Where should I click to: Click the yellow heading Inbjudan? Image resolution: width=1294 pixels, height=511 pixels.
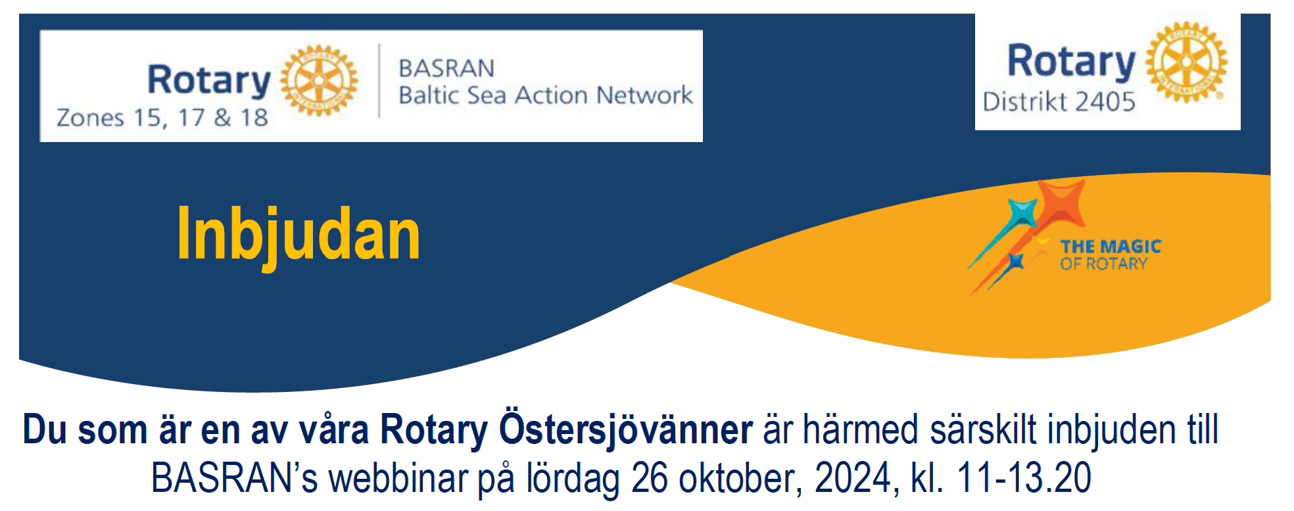(299, 235)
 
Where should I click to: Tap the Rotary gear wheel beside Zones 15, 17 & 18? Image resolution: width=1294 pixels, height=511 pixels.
(319, 81)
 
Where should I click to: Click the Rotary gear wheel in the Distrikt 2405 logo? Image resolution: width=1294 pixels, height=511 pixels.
(1186, 62)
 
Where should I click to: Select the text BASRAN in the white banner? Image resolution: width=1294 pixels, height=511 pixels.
(446, 68)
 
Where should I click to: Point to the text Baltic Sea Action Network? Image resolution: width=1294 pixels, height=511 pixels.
(546, 95)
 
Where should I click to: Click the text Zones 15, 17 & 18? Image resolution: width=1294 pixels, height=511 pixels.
(162, 118)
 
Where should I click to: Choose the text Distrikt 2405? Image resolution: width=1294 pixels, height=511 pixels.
(1059, 102)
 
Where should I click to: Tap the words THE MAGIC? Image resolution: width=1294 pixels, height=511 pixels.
(1111, 247)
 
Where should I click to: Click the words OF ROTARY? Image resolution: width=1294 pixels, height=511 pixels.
(1103, 264)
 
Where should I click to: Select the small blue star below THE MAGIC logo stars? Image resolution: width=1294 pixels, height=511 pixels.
(1017, 262)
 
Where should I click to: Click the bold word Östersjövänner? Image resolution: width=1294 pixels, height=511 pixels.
(625, 430)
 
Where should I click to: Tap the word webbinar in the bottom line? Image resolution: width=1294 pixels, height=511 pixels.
(398, 477)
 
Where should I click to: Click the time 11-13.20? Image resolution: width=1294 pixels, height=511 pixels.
(1024, 477)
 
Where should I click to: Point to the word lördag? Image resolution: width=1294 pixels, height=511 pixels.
(572, 479)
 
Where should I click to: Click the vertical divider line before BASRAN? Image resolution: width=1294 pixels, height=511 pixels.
(379, 81)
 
